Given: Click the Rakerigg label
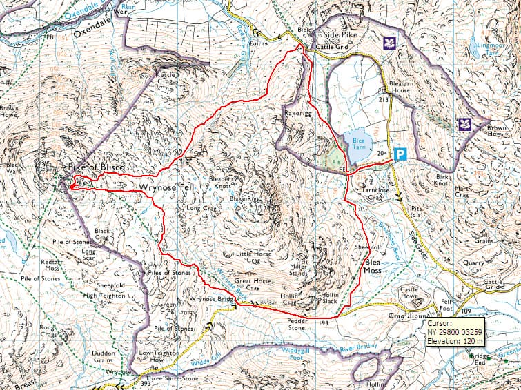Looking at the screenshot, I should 297,110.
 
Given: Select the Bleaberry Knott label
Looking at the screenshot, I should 223,183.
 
